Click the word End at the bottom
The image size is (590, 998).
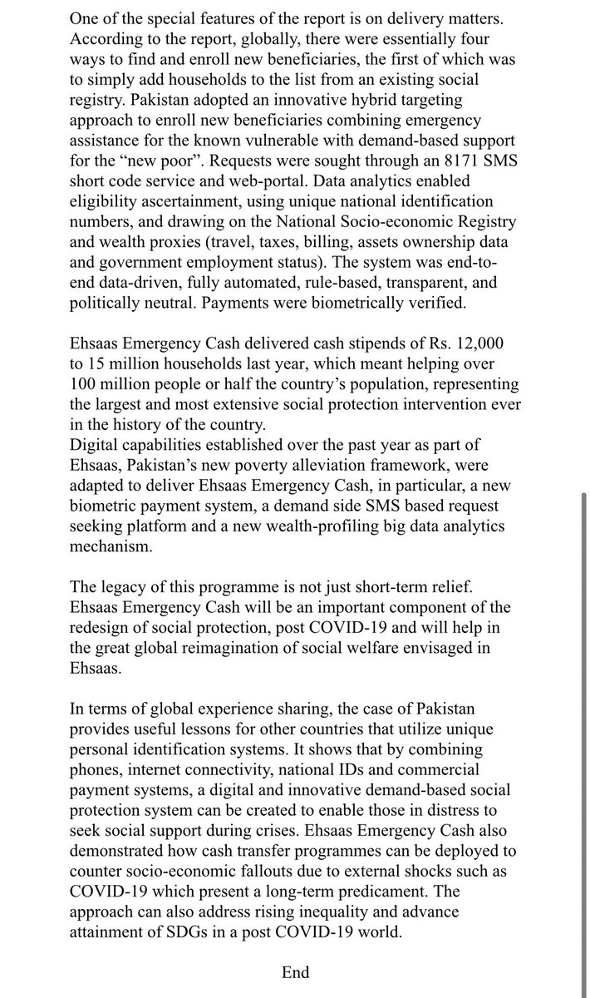[x=295, y=973]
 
